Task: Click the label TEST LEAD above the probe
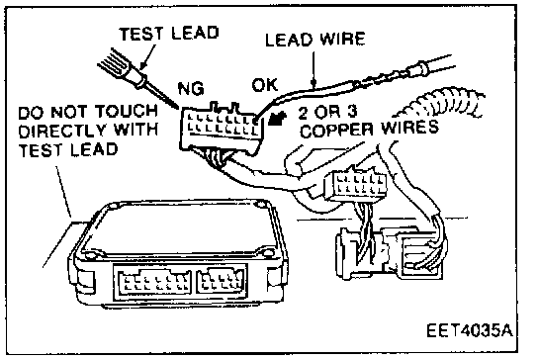point(169,34)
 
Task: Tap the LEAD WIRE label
point(314,40)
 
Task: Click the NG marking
point(191,89)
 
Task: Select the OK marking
point(264,85)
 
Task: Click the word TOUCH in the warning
point(126,111)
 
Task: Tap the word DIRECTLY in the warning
point(62,131)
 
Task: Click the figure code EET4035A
point(470,330)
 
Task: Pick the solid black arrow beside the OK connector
point(277,118)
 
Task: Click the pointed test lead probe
point(137,79)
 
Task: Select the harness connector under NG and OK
point(222,129)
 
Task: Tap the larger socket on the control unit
point(154,283)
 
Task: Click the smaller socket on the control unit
point(221,280)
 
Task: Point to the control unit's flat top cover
point(181,226)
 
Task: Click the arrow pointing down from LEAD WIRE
point(313,68)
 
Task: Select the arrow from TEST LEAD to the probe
point(148,57)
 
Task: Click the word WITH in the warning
point(135,130)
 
